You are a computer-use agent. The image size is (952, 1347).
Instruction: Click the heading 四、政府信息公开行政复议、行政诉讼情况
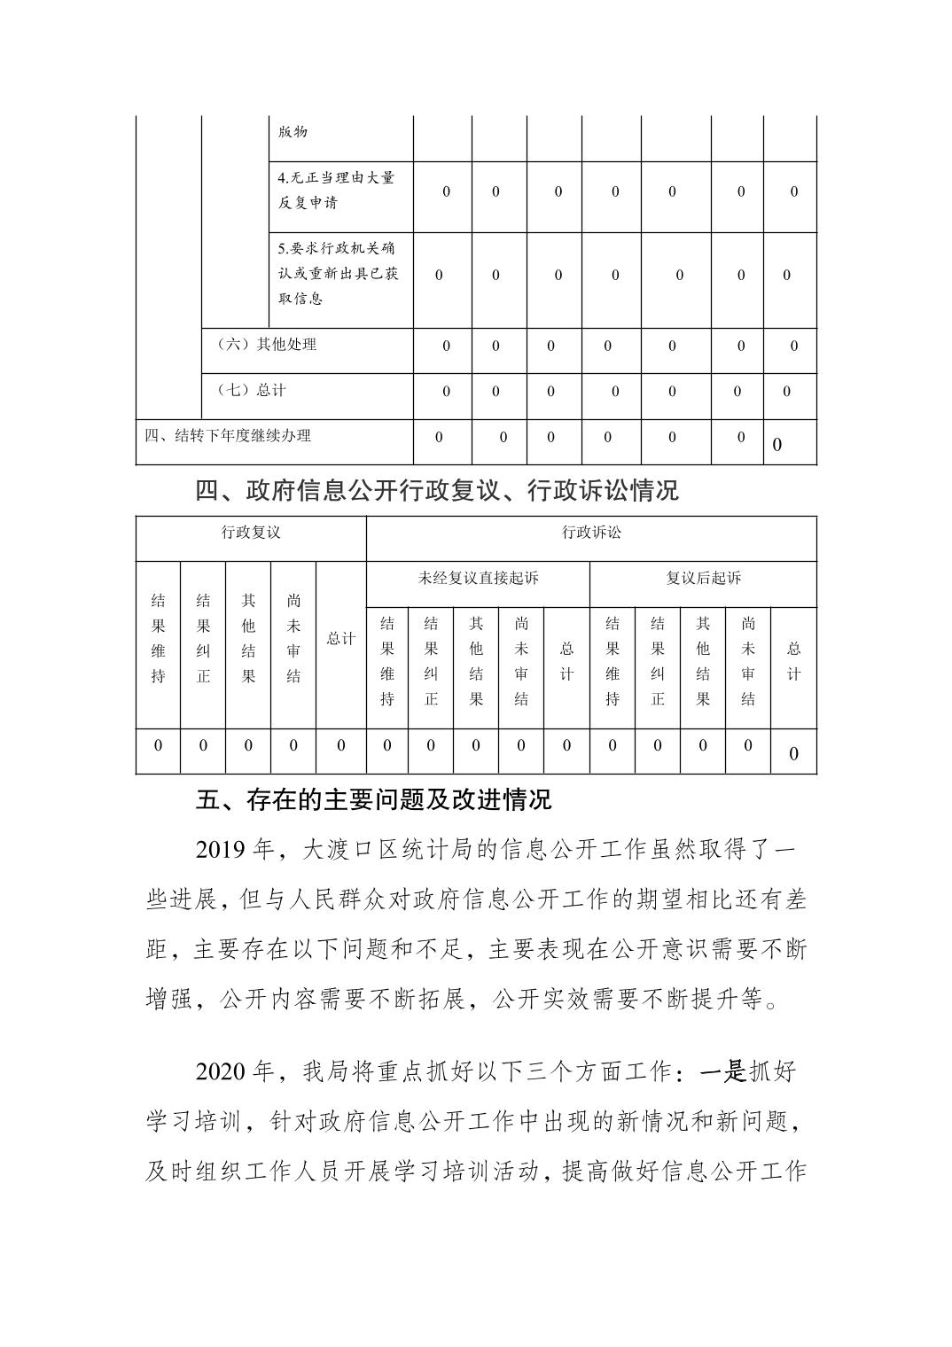coord(437,490)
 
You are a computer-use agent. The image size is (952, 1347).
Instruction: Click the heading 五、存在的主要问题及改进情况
coord(373,799)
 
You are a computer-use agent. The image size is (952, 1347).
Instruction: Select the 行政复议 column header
coord(251,533)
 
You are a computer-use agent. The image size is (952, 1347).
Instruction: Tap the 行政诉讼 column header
coord(591,533)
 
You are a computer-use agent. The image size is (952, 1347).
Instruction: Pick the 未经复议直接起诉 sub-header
coord(478,579)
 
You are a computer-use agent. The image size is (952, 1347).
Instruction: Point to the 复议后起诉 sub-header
coord(703,579)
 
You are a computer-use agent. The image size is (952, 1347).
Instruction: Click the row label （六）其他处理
coord(267,345)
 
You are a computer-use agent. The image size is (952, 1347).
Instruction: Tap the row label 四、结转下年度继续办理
coord(228,436)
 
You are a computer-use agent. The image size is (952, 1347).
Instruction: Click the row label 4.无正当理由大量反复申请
coord(336,190)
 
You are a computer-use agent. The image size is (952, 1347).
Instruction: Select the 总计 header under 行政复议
coord(340,639)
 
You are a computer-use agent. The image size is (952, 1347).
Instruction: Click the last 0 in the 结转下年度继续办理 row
coord(777,445)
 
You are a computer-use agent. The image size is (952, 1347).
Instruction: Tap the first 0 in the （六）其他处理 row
coord(446,346)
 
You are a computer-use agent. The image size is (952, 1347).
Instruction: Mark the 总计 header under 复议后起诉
coord(793,661)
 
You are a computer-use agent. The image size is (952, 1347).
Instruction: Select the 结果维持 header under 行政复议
coord(158,638)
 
